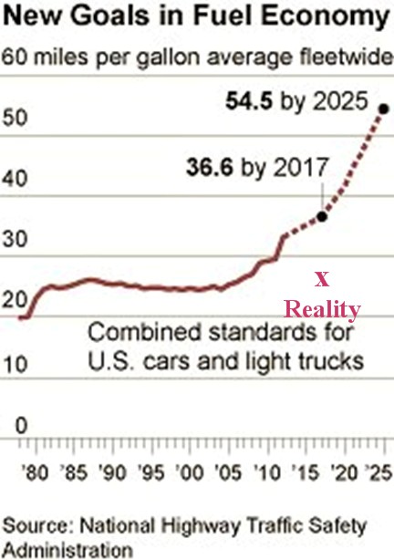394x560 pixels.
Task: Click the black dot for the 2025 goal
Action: click(384, 109)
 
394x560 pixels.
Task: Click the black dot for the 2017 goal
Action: click(322, 216)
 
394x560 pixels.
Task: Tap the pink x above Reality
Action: click(322, 280)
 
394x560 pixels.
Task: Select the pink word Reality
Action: click(322, 310)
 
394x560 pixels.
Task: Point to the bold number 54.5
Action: click(249, 101)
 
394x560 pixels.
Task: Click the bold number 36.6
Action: click(210, 167)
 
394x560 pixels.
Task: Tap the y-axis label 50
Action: click(15, 118)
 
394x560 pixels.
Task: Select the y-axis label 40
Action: click(15, 178)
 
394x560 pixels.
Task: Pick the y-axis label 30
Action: click(15, 239)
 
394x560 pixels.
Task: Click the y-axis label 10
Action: click(15, 365)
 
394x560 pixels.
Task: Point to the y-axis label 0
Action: click(21, 425)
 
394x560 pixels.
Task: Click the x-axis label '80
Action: click(35, 472)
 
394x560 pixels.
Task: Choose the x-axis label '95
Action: click(151, 472)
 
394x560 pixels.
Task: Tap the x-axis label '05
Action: click(228, 472)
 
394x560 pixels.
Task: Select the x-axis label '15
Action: click(305, 472)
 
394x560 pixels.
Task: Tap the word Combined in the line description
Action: click(145, 332)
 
